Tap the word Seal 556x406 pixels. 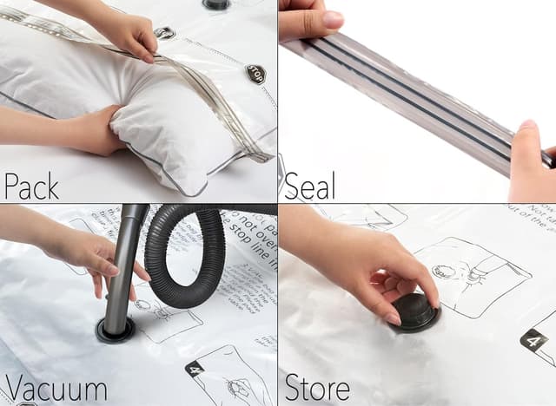[x=311, y=185]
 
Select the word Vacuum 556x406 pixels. [x=54, y=388]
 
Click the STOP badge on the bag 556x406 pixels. [x=255, y=73]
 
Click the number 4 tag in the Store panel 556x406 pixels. [x=533, y=340]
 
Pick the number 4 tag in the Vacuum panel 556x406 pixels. [x=196, y=370]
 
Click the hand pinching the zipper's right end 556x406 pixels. [x=530, y=160]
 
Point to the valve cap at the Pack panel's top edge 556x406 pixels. [x=216, y=4]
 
